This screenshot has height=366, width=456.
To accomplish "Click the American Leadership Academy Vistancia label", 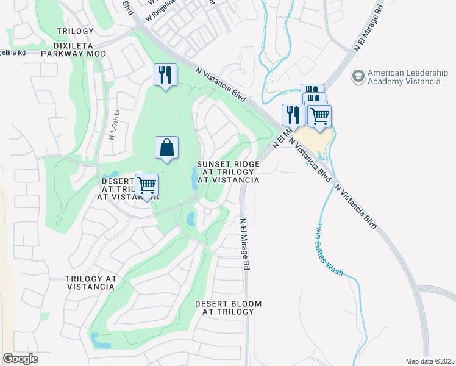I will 404,76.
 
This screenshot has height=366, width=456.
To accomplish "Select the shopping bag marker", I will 166,148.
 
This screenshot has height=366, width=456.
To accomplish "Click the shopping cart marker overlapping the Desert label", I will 146,185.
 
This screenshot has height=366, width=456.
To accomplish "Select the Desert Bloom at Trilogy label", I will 228,307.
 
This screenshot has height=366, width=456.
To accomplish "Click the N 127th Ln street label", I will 112,124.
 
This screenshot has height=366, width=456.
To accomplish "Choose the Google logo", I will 20,358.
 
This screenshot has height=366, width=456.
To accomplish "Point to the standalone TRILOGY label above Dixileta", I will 75,31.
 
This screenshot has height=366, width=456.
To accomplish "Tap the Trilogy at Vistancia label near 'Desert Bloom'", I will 91,282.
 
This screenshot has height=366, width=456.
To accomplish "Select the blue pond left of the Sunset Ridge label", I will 194,178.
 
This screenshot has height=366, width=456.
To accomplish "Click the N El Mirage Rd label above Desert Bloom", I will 244,244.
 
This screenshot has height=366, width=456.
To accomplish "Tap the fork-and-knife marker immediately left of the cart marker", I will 293,115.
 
